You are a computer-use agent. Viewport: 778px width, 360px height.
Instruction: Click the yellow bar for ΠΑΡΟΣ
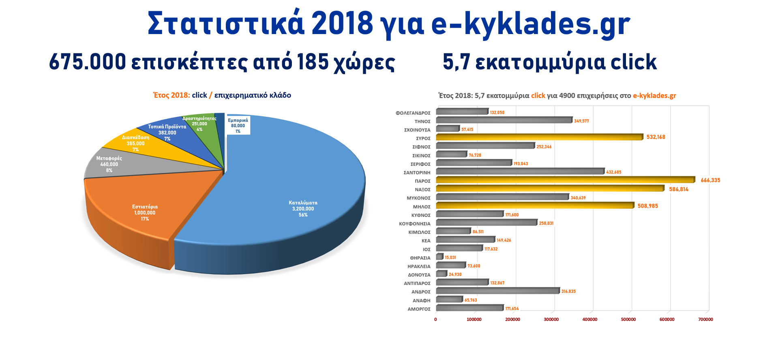tap(565, 180)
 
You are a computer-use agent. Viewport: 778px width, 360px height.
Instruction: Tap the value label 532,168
tap(656, 137)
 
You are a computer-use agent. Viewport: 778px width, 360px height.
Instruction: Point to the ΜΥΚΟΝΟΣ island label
tap(418, 198)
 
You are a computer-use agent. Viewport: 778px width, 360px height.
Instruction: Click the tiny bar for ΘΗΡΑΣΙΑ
tap(439, 257)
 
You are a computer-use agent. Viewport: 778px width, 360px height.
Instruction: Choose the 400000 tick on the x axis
tap(589, 319)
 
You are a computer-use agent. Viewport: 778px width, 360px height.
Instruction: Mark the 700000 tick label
tap(705, 319)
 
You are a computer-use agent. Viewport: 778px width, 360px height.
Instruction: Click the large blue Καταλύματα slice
tap(292, 182)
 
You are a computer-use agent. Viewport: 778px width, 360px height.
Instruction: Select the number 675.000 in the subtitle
tap(88, 62)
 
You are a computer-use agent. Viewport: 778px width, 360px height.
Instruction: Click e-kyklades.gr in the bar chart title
tap(654, 96)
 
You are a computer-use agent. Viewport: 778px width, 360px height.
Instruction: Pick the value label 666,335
tap(710, 180)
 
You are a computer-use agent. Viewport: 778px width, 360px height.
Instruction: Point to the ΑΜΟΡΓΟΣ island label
tap(419, 309)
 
